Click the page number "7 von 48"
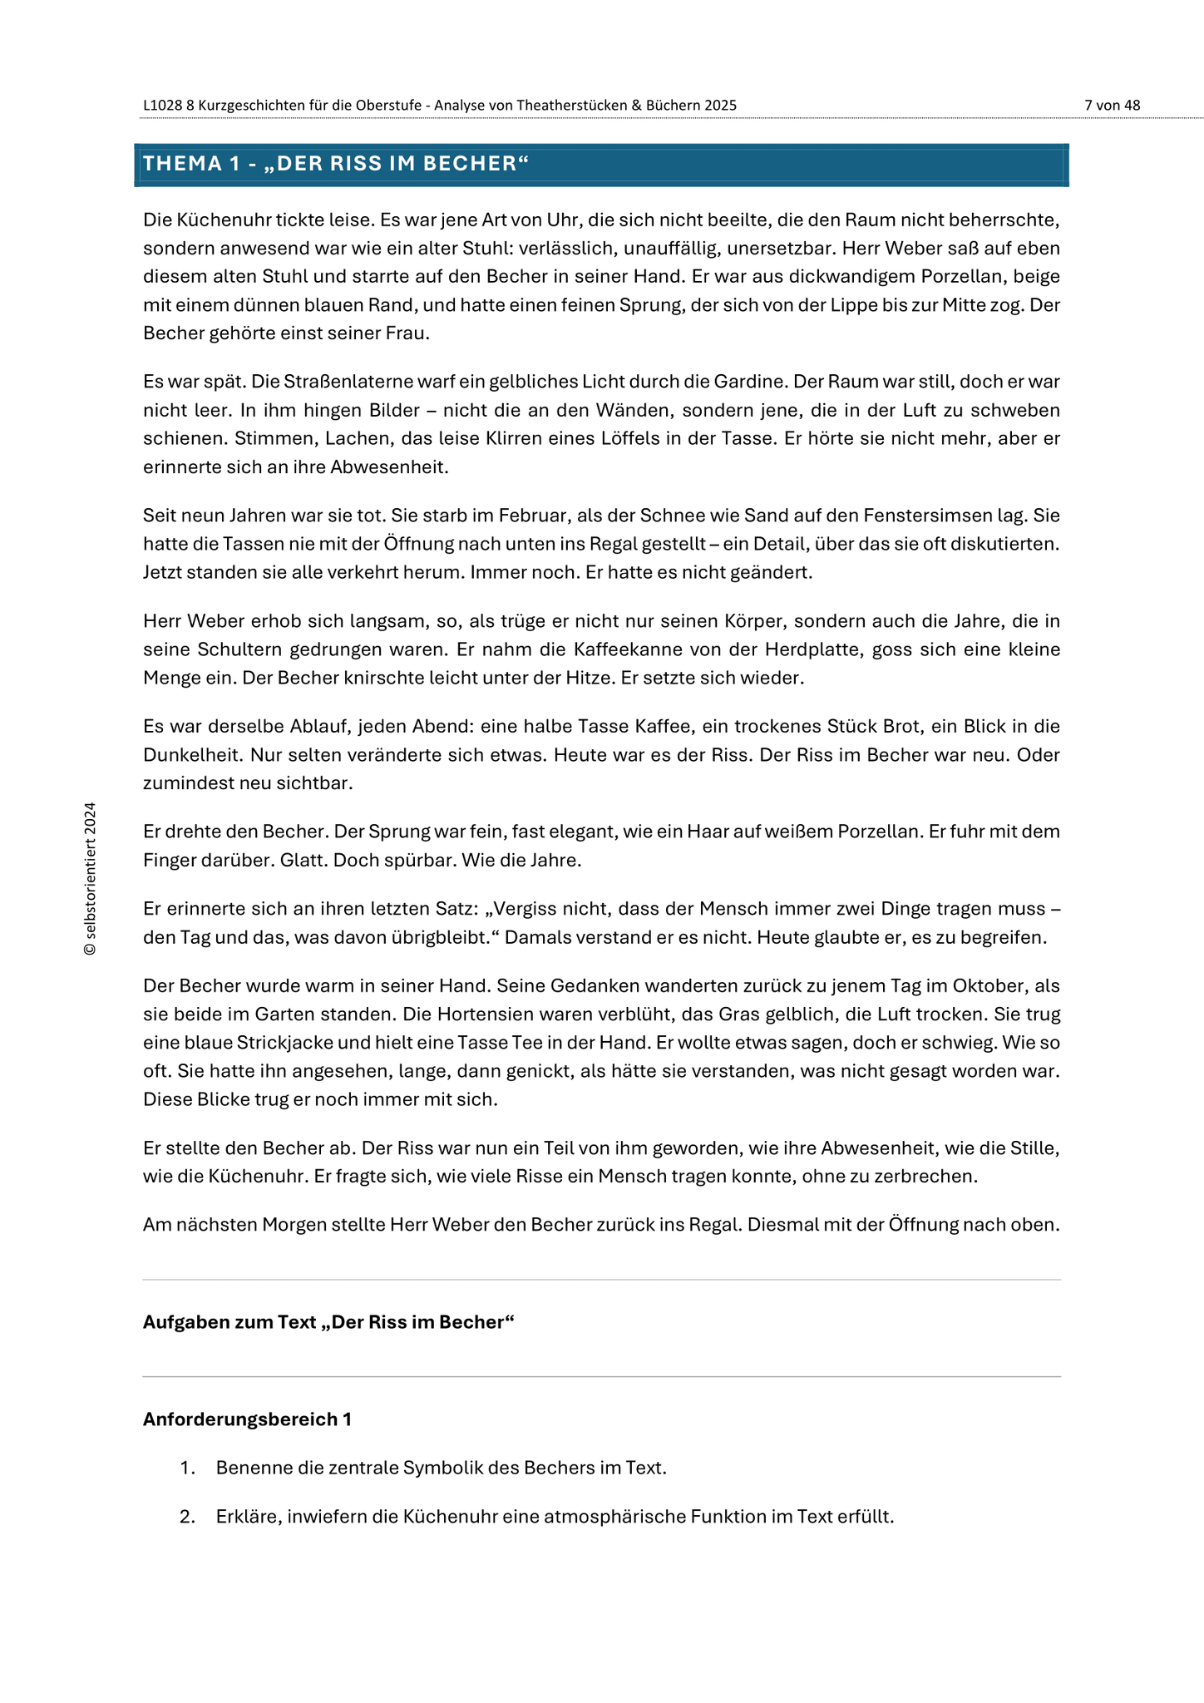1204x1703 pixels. [1112, 106]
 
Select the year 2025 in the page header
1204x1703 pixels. [720, 106]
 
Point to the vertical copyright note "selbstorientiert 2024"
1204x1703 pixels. [91, 878]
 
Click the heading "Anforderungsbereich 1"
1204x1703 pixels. [247, 1419]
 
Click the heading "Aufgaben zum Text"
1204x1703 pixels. [229, 1322]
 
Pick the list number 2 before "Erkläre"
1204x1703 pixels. [187, 1516]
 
